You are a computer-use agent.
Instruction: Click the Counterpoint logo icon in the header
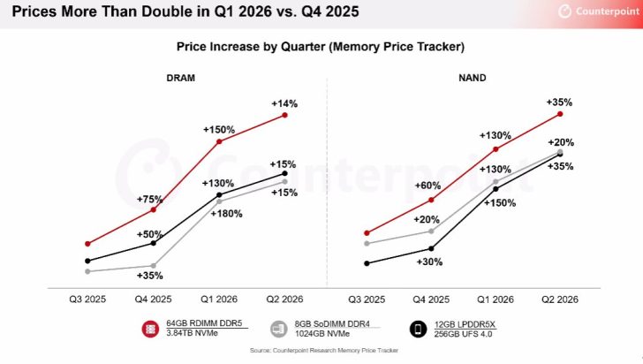tap(565, 11)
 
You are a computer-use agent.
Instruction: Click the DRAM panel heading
tap(180, 78)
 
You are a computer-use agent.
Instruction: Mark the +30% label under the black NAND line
tap(431, 262)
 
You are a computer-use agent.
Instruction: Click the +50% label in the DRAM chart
tap(150, 233)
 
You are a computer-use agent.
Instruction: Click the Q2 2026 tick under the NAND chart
tap(560, 300)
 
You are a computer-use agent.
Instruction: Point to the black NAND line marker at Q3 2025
tap(366, 262)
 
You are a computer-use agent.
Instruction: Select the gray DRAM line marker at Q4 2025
tap(154, 266)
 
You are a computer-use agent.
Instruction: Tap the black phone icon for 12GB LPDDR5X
tap(417, 329)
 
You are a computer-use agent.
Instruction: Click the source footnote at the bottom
tap(321, 352)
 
